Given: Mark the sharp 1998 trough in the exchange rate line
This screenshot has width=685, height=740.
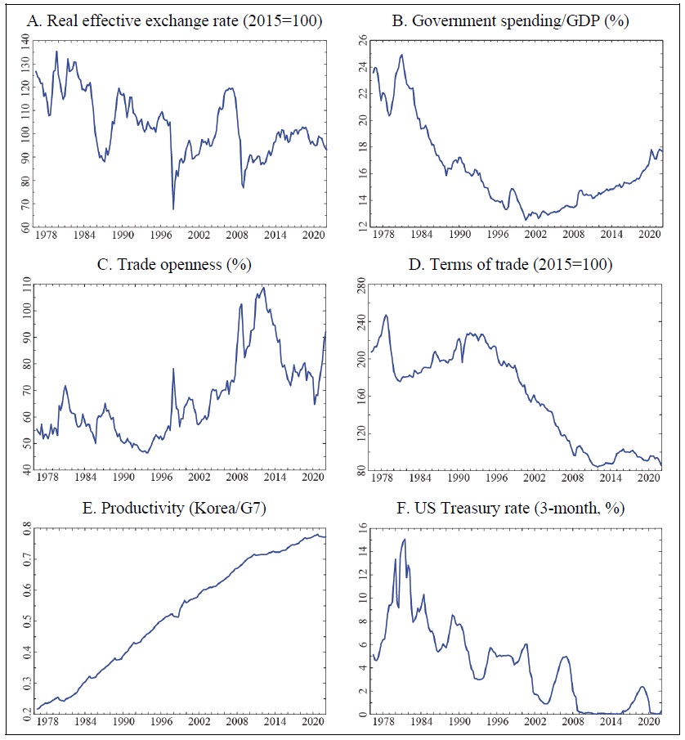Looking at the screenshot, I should [x=172, y=209].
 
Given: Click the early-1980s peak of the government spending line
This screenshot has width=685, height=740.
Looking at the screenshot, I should [x=401, y=55].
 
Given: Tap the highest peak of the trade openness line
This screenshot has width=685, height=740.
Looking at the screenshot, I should [x=262, y=288].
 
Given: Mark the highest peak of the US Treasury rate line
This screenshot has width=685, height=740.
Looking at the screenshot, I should [x=404, y=539].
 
